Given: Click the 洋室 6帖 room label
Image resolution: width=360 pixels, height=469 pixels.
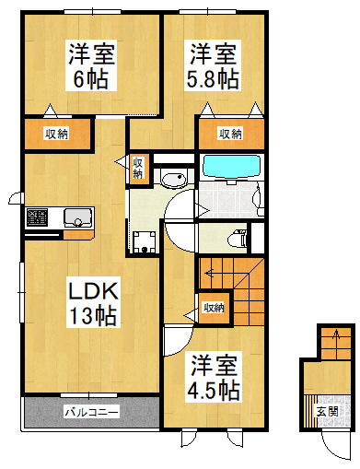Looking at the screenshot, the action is (x=91, y=65).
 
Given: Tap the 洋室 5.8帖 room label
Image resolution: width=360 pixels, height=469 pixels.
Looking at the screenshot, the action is (x=213, y=65).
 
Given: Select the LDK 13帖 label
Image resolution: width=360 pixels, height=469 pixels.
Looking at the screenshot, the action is (x=93, y=303).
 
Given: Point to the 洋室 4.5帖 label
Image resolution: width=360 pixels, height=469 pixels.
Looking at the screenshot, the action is (x=214, y=377).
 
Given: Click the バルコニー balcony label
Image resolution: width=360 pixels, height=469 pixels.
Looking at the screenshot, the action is (x=91, y=412).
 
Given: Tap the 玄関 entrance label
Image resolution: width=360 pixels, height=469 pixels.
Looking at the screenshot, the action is (x=328, y=411).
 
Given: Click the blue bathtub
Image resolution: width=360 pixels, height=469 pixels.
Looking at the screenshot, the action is (x=232, y=166).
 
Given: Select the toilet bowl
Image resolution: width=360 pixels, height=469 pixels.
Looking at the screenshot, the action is (x=238, y=239).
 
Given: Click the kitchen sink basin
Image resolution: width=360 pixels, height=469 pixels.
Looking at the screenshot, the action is (x=77, y=217).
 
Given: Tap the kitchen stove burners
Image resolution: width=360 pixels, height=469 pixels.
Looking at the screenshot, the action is (x=37, y=217).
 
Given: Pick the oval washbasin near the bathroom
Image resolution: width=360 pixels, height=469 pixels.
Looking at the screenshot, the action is (x=174, y=179).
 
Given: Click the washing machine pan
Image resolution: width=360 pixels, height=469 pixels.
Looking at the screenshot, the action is (x=145, y=242).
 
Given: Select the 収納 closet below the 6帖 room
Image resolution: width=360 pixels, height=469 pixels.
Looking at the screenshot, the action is (x=57, y=134).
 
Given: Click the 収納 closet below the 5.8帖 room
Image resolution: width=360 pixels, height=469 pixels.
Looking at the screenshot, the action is (x=231, y=134).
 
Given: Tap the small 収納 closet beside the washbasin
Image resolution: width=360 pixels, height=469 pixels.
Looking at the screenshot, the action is (x=138, y=169).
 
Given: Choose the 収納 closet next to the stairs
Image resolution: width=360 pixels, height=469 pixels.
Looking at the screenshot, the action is (x=215, y=308).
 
